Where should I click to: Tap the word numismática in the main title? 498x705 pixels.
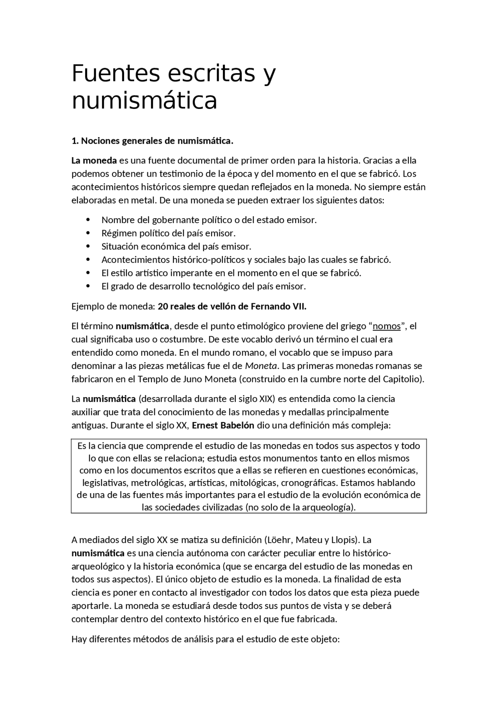click(144, 100)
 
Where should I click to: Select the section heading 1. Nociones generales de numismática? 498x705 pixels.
click(153, 141)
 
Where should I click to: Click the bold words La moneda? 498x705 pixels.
click(94, 160)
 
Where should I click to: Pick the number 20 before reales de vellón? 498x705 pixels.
click(163, 307)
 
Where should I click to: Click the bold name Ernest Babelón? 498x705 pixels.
click(223, 425)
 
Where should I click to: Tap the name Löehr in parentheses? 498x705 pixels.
click(279, 540)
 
